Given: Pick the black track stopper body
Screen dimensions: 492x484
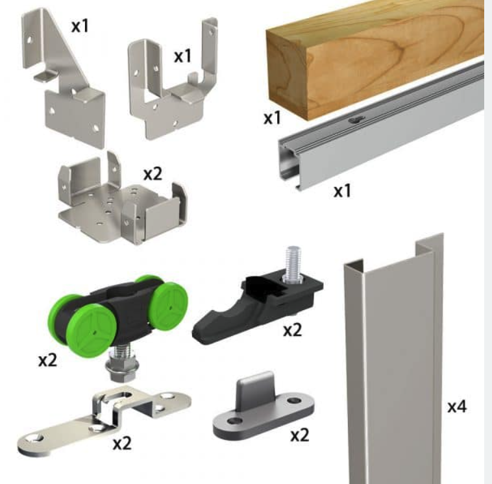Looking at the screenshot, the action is tap(257, 309).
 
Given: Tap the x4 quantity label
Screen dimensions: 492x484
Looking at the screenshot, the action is tap(457, 407).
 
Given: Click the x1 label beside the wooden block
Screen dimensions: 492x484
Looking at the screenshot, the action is tap(272, 118).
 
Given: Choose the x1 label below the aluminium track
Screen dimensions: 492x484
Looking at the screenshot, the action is tap(342, 191).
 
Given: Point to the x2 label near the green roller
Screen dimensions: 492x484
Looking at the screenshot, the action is tap(47, 360).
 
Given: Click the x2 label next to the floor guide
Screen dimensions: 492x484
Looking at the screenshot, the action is tap(300, 435).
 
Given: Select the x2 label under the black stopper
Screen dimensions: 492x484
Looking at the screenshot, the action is tap(293, 330).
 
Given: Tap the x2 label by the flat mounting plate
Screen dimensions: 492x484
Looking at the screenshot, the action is tap(122, 444).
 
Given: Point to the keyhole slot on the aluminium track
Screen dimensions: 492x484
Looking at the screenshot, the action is tap(357, 120).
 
